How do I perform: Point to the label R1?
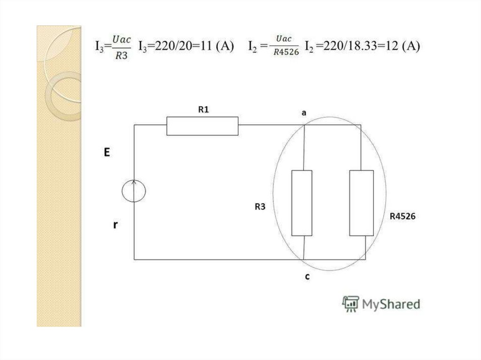point(203,109)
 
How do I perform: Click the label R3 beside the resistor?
point(260,207)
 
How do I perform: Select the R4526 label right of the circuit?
point(403,216)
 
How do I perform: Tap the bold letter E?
point(107,152)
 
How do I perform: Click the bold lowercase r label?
point(116,225)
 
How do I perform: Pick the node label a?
point(304,113)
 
